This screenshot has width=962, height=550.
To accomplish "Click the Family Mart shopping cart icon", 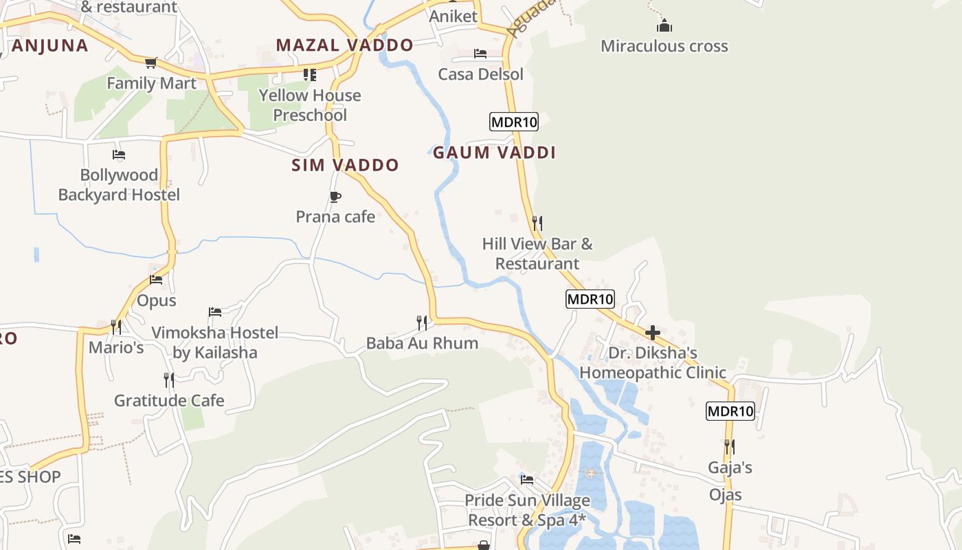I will pos(150,63).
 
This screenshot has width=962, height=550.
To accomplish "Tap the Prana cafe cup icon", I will pos(335,197).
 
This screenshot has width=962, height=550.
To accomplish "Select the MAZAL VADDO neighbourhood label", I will pos(344,45).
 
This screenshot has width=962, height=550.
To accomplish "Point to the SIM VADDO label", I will pos(345,165).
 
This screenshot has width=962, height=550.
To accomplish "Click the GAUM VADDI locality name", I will pos(494,153).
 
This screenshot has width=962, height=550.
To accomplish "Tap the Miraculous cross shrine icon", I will pos(664,26).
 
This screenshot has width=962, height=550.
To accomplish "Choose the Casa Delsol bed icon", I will pos(480,54).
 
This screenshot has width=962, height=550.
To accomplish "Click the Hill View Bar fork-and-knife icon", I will pos(537,223).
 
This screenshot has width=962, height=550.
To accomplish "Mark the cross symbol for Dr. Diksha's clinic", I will pos(652,333).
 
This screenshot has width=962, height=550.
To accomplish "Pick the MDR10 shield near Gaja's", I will pos(730,412).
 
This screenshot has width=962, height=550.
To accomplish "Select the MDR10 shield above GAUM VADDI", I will pos(513,122).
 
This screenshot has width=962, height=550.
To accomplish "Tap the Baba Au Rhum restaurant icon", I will pos(422,322).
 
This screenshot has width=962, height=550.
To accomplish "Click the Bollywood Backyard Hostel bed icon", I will pos(119,155).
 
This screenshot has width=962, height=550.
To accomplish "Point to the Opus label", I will pos(157,300).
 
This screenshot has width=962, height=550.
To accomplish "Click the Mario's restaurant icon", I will pos(116,327).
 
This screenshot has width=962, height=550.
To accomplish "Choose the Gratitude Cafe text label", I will pos(169,400).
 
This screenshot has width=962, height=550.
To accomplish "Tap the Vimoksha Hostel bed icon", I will pos(215,312).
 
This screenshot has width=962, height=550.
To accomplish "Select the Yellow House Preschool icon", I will pos(310,74).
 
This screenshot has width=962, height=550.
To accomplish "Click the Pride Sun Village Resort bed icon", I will pos(527,480).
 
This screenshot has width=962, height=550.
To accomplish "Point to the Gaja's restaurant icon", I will pos(730,447).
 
